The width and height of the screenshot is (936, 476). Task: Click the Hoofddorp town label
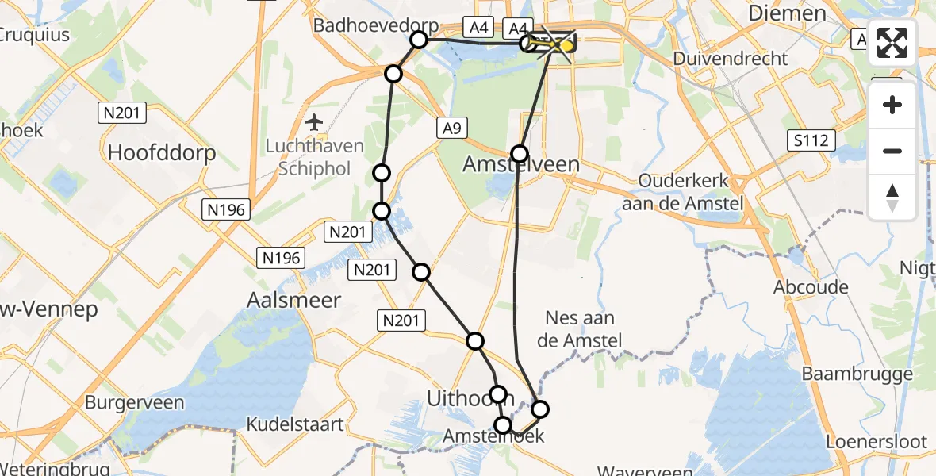[x=162, y=152]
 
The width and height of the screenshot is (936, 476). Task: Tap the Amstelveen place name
[x=520, y=165]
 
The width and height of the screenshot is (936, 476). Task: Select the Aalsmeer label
[x=294, y=300]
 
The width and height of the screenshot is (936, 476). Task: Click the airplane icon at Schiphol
[x=315, y=123]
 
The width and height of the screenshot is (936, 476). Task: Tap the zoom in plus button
[x=892, y=105]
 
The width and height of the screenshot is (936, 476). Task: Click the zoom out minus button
[x=892, y=151]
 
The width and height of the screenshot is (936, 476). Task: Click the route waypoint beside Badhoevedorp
[x=419, y=40]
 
